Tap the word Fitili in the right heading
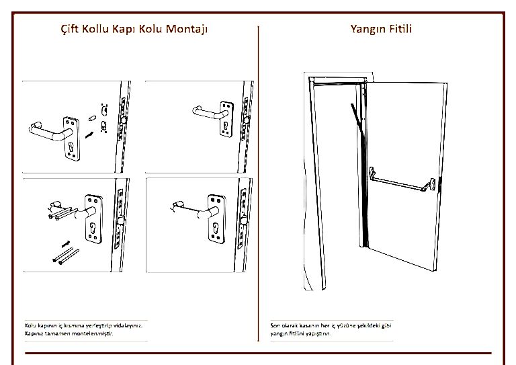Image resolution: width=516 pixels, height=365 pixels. (400, 30)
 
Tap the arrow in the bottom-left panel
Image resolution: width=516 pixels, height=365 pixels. (66, 240)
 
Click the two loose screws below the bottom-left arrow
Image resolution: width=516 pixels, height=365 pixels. (64, 257)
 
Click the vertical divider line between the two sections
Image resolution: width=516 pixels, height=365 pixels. (259, 181)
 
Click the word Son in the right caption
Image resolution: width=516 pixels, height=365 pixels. (275, 325)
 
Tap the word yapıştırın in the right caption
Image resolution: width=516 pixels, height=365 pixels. (318, 333)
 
